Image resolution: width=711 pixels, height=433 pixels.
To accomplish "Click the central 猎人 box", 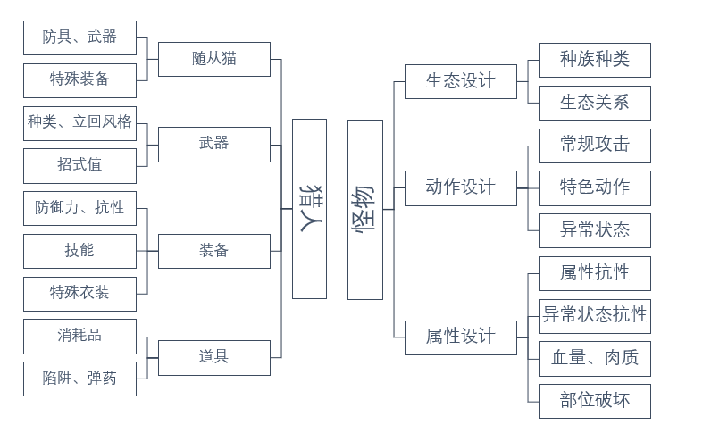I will pyautogui.click(x=309, y=209).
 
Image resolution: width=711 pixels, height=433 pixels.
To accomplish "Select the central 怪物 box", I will pyautogui.click(x=364, y=209).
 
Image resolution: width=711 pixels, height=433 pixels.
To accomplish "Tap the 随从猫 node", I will pyautogui.click(x=213, y=59).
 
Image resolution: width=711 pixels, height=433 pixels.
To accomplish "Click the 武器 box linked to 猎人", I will pyautogui.click(x=213, y=144).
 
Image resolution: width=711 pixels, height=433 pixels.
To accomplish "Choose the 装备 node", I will pyautogui.click(x=213, y=251).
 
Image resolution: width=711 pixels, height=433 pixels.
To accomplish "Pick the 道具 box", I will pyautogui.click(x=213, y=357).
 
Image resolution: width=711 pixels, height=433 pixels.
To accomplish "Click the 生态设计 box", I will pyautogui.click(x=460, y=81).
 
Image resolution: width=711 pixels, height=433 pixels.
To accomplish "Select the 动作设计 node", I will pyautogui.click(x=460, y=187).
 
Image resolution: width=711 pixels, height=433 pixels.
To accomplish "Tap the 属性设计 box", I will pyautogui.click(x=460, y=337).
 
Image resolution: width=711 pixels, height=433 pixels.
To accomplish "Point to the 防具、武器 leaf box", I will pyautogui.click(x=79, y=37).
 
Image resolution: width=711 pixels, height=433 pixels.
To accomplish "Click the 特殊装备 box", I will pyautogui.click(x=79, y=80).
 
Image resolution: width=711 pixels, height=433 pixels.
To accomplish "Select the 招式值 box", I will pyautogui.click(x=79, y=165).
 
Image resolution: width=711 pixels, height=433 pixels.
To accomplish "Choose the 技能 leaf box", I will pyautogui.click(x=79, y=251).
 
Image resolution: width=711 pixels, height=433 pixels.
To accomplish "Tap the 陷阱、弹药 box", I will pyautogui.click(x=79, y=379).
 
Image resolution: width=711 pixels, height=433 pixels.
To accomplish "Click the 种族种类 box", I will pyautogui.click(x=594, y=60).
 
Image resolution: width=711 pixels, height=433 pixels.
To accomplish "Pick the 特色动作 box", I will pyautogui.click(x=594, y=187).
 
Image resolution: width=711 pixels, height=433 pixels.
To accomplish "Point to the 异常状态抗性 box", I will pyautogui.click(x=594, y=315).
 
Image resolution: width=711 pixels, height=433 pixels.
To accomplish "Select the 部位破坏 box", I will pyautogui.click(x=594, y=401).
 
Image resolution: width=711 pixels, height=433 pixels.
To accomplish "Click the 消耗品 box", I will pyautogui.click(x=79, y=336).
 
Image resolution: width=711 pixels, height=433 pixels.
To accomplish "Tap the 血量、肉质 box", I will pyautogui.click(x=594, y=358).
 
